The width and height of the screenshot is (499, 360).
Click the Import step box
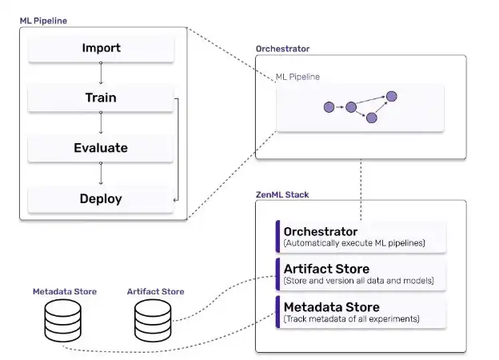click(101, 49)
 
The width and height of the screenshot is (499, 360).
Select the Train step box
click(101, 98)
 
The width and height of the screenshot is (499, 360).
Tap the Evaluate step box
click(101, 148)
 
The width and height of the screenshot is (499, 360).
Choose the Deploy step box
click(101, 198)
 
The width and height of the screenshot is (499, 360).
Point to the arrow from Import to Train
click(101, 74)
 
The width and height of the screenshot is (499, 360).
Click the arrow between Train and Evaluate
click(101, 123)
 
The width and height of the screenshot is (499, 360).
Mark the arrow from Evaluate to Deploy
click(101, 173)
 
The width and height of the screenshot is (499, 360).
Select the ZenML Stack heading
click(282, 194)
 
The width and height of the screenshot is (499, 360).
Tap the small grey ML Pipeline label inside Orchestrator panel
click(297, 78)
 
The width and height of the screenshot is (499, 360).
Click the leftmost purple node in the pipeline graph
click(329, 106)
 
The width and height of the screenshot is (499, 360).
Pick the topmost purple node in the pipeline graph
click(391, 96)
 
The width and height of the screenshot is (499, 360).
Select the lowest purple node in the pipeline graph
click(371, 118)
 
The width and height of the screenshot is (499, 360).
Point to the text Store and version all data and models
click(359, 281)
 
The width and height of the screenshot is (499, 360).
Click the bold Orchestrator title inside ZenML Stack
click(320, 232)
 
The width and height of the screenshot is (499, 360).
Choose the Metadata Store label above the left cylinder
click(64, 291)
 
